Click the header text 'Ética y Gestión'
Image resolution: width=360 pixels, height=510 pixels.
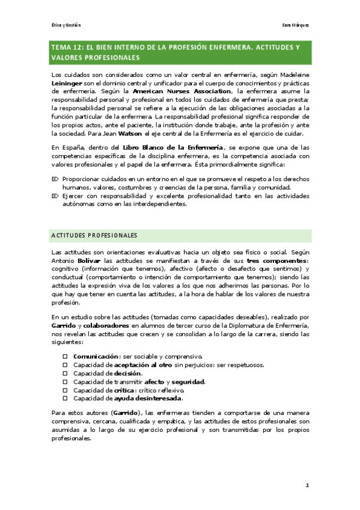(66, 25)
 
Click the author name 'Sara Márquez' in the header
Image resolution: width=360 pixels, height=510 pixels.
(295, 25)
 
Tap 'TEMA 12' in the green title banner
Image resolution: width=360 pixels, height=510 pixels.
(69, 47)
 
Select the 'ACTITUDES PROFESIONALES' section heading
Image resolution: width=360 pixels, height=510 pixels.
(94, 235)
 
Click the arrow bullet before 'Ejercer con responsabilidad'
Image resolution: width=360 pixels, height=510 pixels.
(55, 195)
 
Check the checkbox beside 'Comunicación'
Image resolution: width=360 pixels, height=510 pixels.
(65, 357)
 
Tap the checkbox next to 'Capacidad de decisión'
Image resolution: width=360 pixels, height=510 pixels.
(65, 373)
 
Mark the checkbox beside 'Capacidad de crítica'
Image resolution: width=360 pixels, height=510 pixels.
(65, 390)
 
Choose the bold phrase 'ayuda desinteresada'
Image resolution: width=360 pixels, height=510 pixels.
(148, 399)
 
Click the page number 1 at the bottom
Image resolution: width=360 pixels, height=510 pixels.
(307, 485)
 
